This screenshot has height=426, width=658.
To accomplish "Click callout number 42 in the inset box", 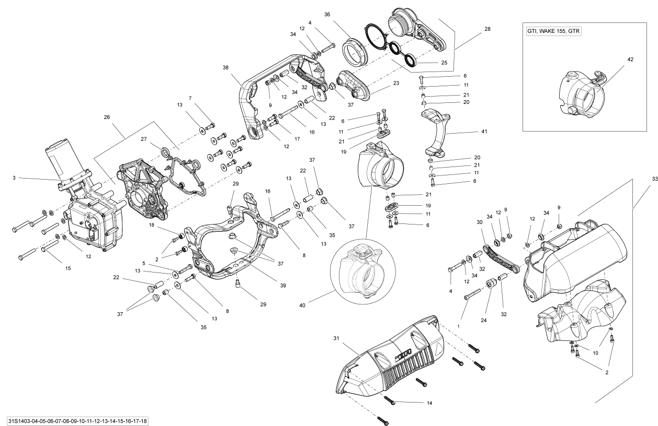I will (630, 60).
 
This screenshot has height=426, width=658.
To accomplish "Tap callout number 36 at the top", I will (327, 14).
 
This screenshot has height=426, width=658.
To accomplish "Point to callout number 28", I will (487, 29).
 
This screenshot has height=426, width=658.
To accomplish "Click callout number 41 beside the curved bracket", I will (484, 132).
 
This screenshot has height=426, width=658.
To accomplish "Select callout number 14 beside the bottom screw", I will (429, 403).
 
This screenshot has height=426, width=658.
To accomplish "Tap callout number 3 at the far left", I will (14, 178).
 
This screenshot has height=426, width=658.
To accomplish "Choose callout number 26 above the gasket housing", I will (107, 117).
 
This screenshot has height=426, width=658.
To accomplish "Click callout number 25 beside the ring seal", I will (444, 62).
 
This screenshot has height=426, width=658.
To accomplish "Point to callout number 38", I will (225, 68).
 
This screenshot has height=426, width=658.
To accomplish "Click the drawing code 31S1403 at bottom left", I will (77, 421).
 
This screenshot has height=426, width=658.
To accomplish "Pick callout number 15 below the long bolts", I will (67, 268).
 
